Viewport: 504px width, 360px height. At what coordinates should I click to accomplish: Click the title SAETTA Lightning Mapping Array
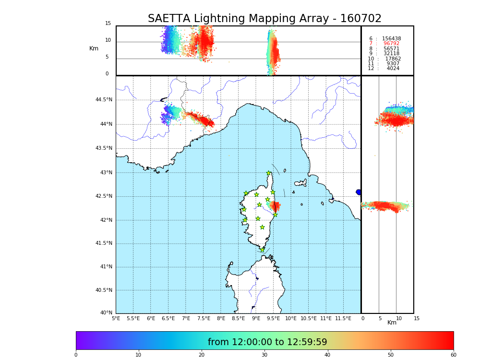[x=264, y=19]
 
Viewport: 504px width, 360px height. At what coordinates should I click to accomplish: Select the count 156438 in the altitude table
[x=391, y=39]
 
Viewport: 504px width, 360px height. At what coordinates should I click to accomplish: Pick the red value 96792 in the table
[x=391, y=44]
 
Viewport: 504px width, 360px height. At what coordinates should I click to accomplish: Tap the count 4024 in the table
[x=393, y=69]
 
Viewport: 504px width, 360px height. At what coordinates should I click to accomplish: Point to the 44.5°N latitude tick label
[x=104, y=100]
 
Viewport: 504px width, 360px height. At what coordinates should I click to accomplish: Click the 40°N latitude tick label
[x=106, y=313]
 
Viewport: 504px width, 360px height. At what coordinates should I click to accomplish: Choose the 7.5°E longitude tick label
[x=203, y=318]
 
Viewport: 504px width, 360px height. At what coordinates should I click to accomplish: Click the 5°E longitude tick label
[x=116, y=318]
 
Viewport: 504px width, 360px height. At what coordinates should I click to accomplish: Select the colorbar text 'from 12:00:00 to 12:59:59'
[x=267, y=342]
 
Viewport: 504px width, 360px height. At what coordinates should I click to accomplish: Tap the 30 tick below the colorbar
[x=264, y=355]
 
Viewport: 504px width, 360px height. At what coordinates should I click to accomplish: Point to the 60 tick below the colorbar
[x=453, y=355]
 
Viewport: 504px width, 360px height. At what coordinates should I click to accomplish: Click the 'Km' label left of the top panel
[x=94, y=48]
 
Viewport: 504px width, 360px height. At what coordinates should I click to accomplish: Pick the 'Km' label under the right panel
[x=392, y=323]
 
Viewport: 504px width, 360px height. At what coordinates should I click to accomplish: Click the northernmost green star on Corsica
[x=269, y=173]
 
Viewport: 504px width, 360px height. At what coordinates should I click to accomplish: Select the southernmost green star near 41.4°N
[x=262, y=250]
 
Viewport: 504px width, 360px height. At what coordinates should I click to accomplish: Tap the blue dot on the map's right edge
[x=359, y=192]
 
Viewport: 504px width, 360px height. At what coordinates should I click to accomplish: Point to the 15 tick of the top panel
[x=108, y=24]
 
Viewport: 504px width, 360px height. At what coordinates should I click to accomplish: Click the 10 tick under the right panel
[x=398, y=318]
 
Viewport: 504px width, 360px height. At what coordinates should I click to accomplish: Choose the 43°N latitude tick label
[x=106, y=173]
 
